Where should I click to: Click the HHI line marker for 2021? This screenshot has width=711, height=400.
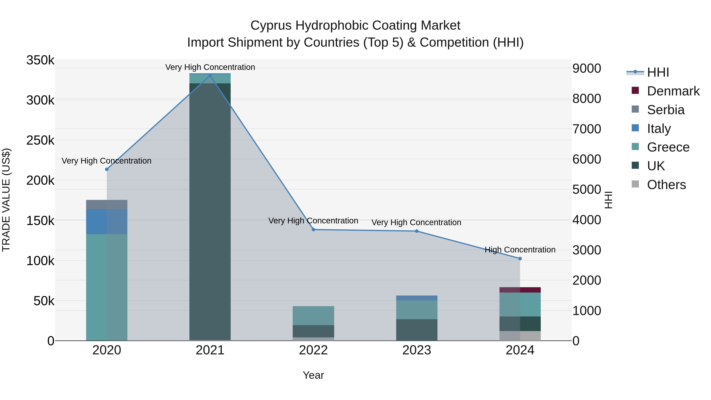[210, 75]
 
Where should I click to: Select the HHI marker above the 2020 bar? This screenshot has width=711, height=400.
[107, 169]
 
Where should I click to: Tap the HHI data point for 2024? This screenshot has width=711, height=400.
[520, 259]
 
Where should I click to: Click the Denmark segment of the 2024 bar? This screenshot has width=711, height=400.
[520, 290]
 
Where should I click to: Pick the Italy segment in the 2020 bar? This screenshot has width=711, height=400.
[107, 222]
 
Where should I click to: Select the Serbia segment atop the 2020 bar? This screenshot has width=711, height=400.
[107, 205]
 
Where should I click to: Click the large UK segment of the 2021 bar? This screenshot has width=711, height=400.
[210, 210]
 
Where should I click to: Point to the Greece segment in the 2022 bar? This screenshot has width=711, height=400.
[313, 315]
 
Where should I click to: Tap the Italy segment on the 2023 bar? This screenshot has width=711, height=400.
[417, 298]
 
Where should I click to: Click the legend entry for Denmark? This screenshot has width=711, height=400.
[673, 91]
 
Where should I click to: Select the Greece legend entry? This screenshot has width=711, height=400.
[668, 147]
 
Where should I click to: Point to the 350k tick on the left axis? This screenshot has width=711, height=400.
[40, 60]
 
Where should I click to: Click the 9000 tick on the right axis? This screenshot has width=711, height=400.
[587, 69]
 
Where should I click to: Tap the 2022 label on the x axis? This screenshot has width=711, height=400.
[313, 350]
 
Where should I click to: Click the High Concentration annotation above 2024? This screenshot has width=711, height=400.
[520, 249]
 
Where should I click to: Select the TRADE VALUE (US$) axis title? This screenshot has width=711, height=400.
[6, 200]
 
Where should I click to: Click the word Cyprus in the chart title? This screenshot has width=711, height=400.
[271, 25]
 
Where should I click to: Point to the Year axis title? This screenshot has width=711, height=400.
[313, 375]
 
